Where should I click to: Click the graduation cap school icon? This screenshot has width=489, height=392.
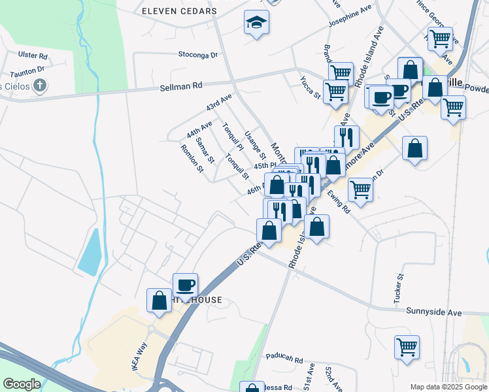256,23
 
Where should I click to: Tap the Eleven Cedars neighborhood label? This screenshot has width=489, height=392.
179,12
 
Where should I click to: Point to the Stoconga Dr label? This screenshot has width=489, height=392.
197,55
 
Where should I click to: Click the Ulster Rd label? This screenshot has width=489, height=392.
33,56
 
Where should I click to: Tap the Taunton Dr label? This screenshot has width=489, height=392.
27,68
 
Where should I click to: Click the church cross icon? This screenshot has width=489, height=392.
40,85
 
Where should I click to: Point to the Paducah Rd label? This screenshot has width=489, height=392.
284,359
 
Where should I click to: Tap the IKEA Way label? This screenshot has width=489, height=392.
138,357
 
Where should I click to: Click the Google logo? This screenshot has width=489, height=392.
22,384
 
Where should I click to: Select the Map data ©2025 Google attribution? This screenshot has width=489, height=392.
448,387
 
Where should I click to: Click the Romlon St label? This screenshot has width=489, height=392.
192,158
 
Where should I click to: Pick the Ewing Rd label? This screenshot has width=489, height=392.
340,201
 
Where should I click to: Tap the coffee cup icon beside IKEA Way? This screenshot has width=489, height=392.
185,284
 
